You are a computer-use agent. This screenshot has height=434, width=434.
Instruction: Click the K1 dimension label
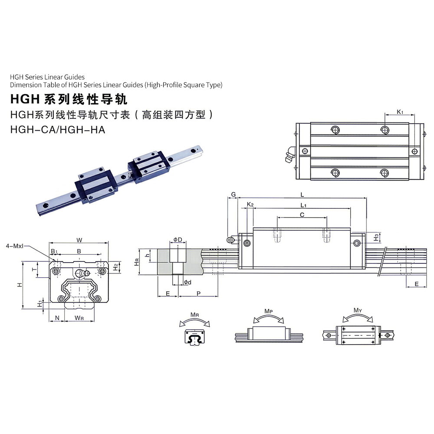tap(400, 112)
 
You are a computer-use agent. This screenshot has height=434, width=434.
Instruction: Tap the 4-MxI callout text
tap(15, 246)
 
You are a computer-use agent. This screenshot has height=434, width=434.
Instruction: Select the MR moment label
tap(194, 315)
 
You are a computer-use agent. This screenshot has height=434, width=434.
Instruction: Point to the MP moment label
tap(269, 311)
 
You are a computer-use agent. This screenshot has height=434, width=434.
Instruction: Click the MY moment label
tap(358, 310)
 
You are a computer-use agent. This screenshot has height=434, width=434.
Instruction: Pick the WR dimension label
tap(79, 318)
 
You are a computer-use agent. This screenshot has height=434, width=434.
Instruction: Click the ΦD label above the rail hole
tap(178, 240)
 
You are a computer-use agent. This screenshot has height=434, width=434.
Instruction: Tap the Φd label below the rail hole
tap(187, 283)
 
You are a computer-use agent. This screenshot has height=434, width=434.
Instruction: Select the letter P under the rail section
tap(198, 294)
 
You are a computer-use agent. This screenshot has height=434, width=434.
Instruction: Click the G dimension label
tap(233, 194)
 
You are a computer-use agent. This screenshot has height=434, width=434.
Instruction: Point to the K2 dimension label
tap(250, 204)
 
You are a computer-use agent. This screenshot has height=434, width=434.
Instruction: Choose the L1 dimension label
tap(303, 205)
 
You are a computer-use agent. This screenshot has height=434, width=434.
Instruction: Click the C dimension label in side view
tap(302, 215)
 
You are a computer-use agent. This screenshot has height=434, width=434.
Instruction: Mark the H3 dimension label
tap(376, 237)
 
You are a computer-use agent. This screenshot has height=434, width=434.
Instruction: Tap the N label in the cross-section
tap(57, 318)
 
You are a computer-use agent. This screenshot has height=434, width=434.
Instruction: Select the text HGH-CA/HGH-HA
tap(58, 129)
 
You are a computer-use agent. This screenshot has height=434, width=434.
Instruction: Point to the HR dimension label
tap(136, 262)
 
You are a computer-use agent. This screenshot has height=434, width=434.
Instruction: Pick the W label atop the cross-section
tap(79, 240)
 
